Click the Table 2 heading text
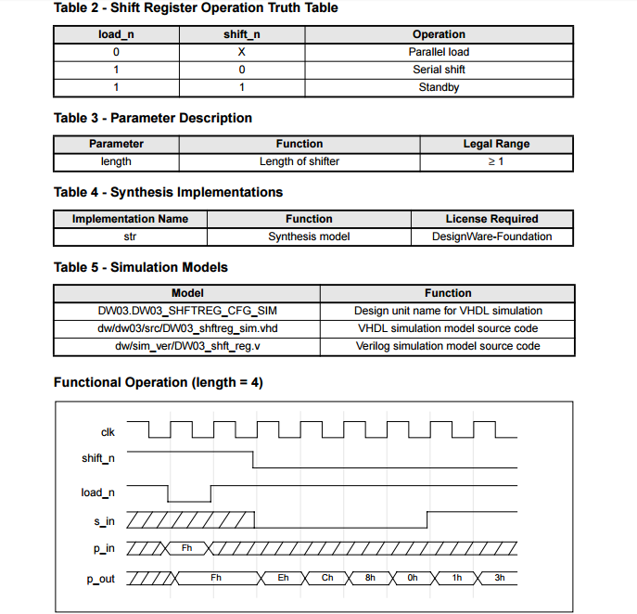tap(196, 8)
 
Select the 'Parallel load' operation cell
tap(439, 52)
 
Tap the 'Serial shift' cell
tap(439, 70)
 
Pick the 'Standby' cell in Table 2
tap(439, 87)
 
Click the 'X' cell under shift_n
tap(241, 52)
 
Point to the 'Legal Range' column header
tap(496, 144)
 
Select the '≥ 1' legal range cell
tap(496, 161)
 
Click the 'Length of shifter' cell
tap(299, 161)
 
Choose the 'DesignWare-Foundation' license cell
tap(491, 237)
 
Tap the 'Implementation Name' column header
tap(130, 219)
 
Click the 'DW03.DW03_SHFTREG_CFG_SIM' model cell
tap(187, 311)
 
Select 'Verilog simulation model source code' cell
tap(448, 346)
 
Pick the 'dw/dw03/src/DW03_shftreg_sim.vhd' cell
tap(187, 328)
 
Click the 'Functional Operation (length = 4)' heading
tap(159, 382)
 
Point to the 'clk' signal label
tap(108, 431)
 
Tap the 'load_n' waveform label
tap(98, 492)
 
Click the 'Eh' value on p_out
tap(284, 578)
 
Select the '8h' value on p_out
tap(370, 578)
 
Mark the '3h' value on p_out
tap(499, 578)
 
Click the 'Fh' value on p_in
tap(187, 548)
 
